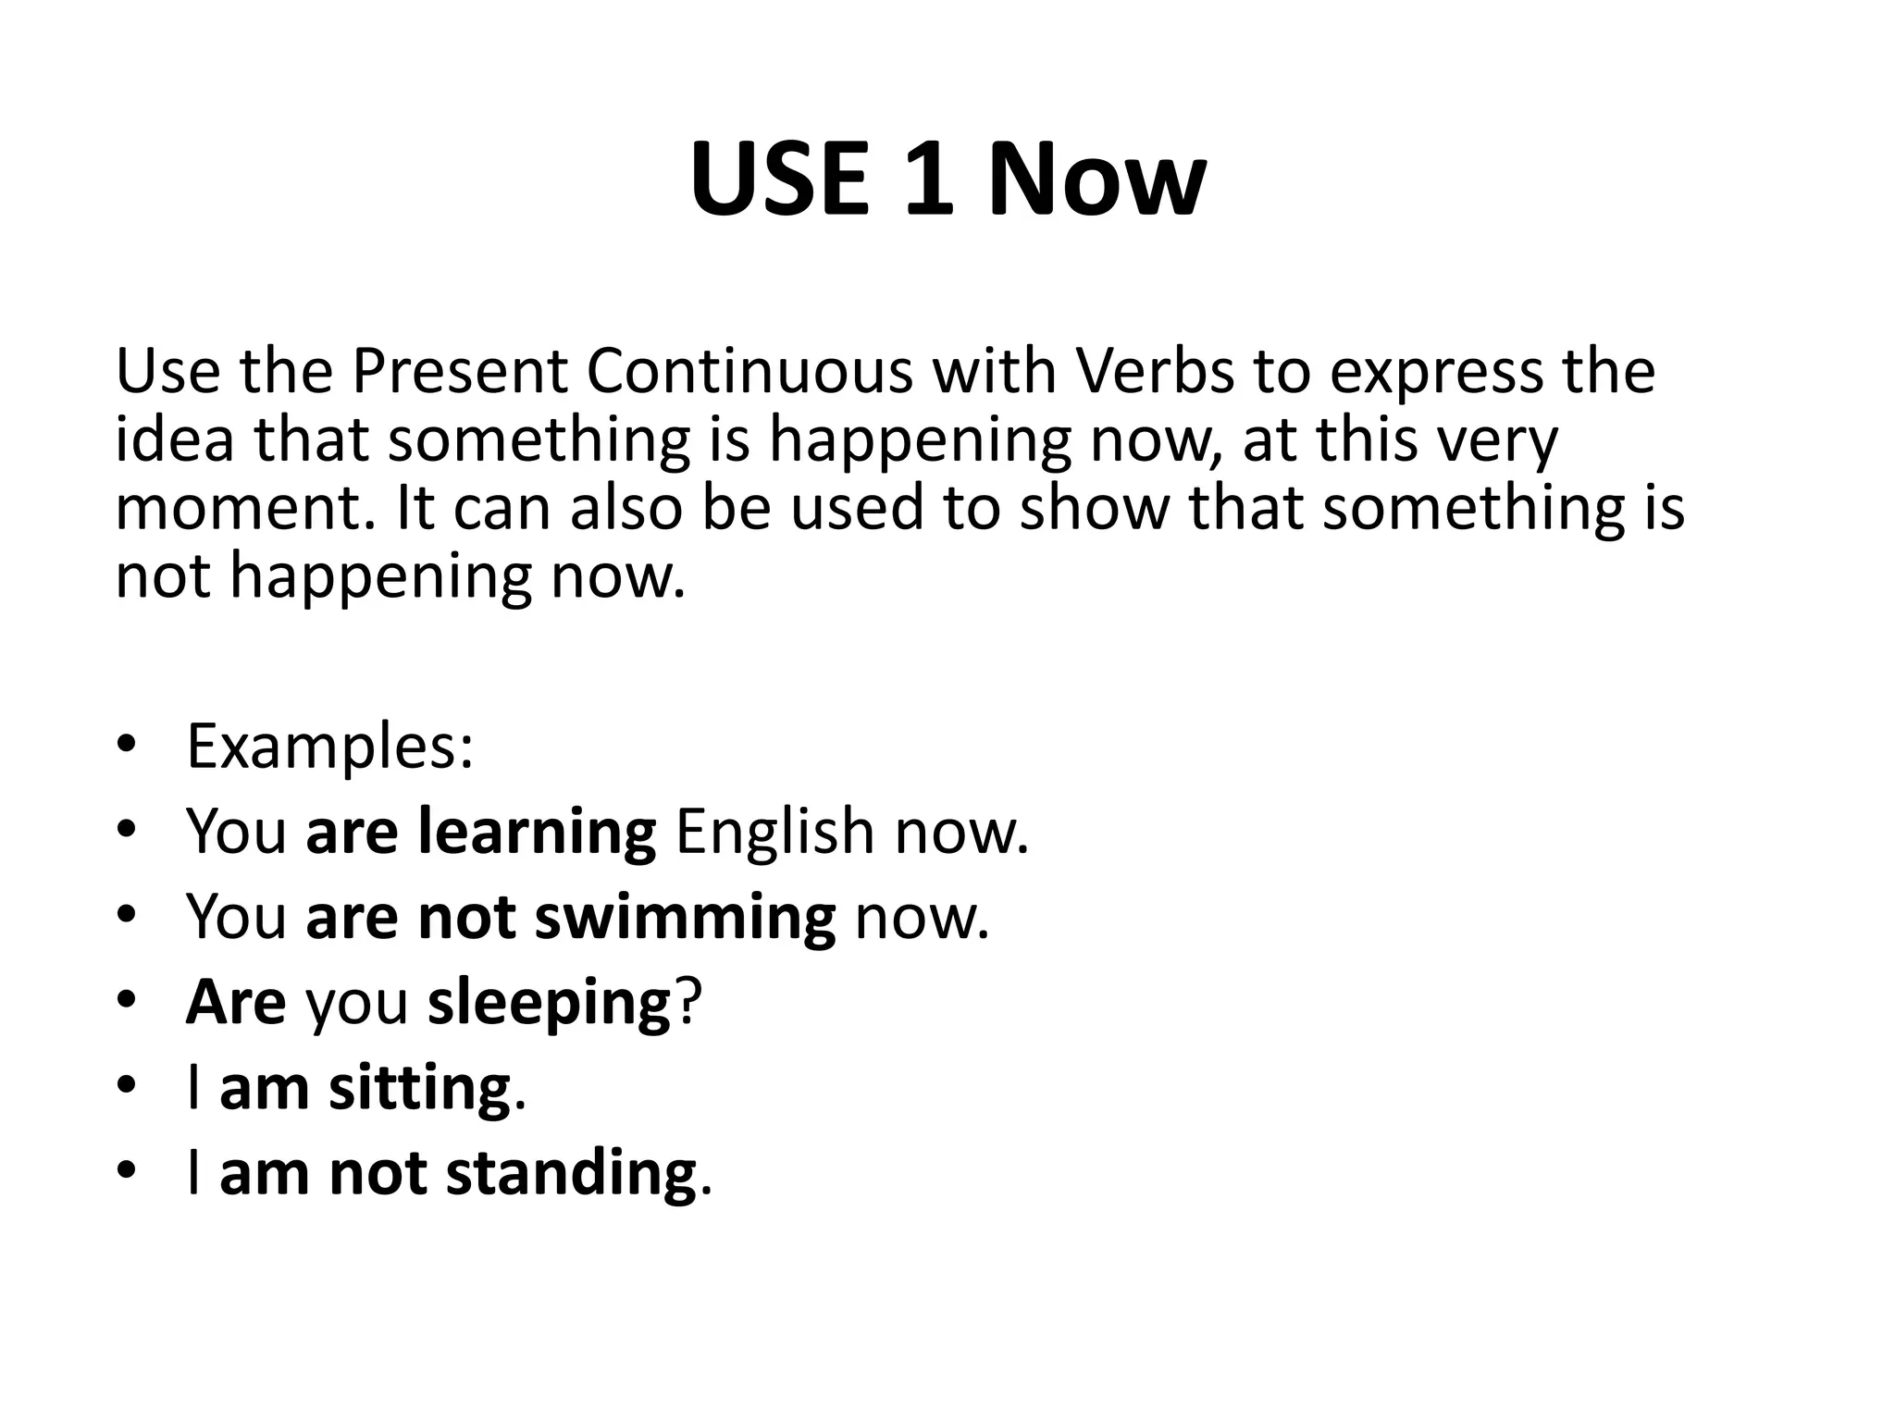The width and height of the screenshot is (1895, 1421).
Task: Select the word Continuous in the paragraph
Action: pos(749,371)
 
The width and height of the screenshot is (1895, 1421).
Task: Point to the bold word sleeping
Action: pos(549,1005)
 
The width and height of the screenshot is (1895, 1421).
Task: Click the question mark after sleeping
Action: pos(688,1002)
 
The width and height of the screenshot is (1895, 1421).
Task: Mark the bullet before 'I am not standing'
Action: pos(127,1172)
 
